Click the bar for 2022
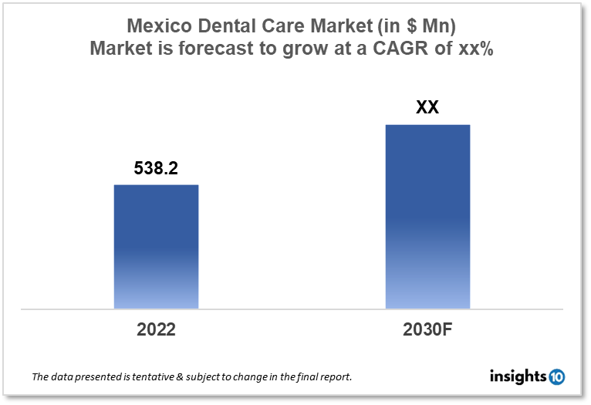point(156,247)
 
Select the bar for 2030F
point(427,216)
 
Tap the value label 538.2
point(156,168)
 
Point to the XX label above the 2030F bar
point(427,107)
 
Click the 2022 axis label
point(156,329)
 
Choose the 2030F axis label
point(427,329)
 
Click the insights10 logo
point(527,376)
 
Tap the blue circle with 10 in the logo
point(556,377)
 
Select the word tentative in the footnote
point(150,377)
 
